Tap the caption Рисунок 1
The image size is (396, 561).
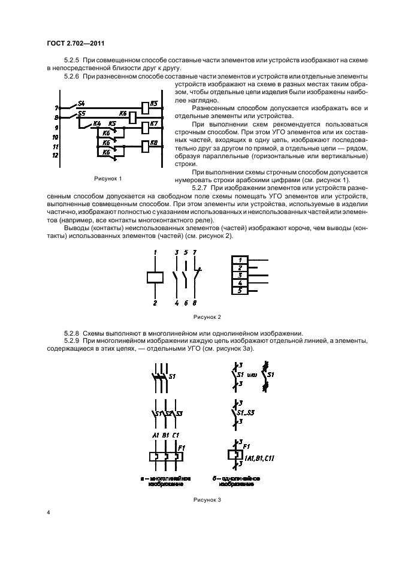tap(107, 179)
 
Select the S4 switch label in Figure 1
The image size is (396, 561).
tap(82, 103)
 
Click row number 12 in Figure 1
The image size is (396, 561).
tap(56, 155)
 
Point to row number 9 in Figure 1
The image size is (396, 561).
tap(56, 128)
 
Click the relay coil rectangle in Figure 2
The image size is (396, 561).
tap(155, 277)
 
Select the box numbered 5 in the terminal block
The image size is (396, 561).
tap(240, 291)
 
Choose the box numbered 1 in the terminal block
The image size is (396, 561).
tap(240, 260)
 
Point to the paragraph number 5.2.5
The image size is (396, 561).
tap(71, 61)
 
